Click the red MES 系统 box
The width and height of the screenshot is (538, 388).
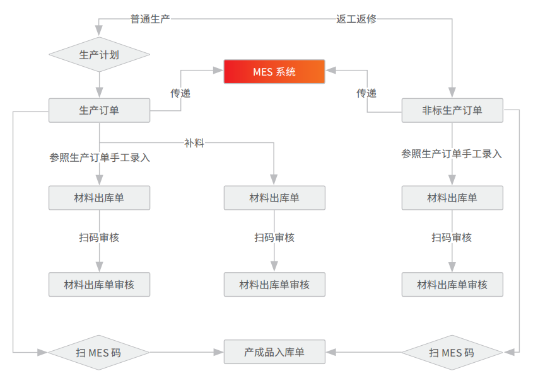click(274, 72)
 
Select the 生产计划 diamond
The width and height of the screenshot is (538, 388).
click(99, 54)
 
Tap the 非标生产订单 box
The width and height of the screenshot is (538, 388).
click(452, 110)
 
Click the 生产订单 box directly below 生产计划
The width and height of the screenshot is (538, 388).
click(99, 110)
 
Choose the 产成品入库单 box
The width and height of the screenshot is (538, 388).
click(274, 351)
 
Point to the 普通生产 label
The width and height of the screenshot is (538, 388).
click(150, 19)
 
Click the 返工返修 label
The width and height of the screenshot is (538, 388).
click(356, 19)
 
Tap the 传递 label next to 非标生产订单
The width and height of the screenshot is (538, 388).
click(366, 93)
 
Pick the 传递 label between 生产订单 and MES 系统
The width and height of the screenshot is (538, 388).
click(180, 93)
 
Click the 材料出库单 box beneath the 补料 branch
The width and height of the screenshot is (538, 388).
click(274, 198)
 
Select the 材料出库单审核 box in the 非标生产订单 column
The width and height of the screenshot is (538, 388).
click(452, 285)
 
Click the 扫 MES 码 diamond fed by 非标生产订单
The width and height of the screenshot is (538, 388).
click(452, 352)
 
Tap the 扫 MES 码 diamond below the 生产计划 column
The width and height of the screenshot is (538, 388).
click(99, 352)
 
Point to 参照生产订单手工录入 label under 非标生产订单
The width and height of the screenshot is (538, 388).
click(452, 154)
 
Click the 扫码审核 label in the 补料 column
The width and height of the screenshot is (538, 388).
click(274, 237)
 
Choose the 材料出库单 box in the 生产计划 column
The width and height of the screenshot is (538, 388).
click(99, 198)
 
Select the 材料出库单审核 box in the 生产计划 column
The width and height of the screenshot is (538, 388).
click(99, 285)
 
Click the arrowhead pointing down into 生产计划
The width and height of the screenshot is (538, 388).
click(99, 30)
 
